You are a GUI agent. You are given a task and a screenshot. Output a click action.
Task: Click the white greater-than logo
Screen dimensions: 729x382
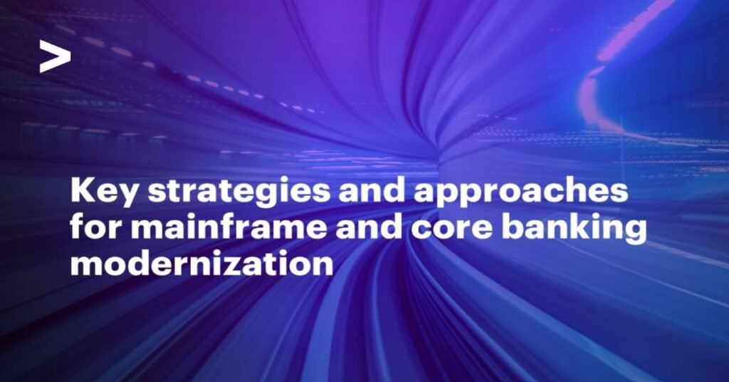click(54, 56)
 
